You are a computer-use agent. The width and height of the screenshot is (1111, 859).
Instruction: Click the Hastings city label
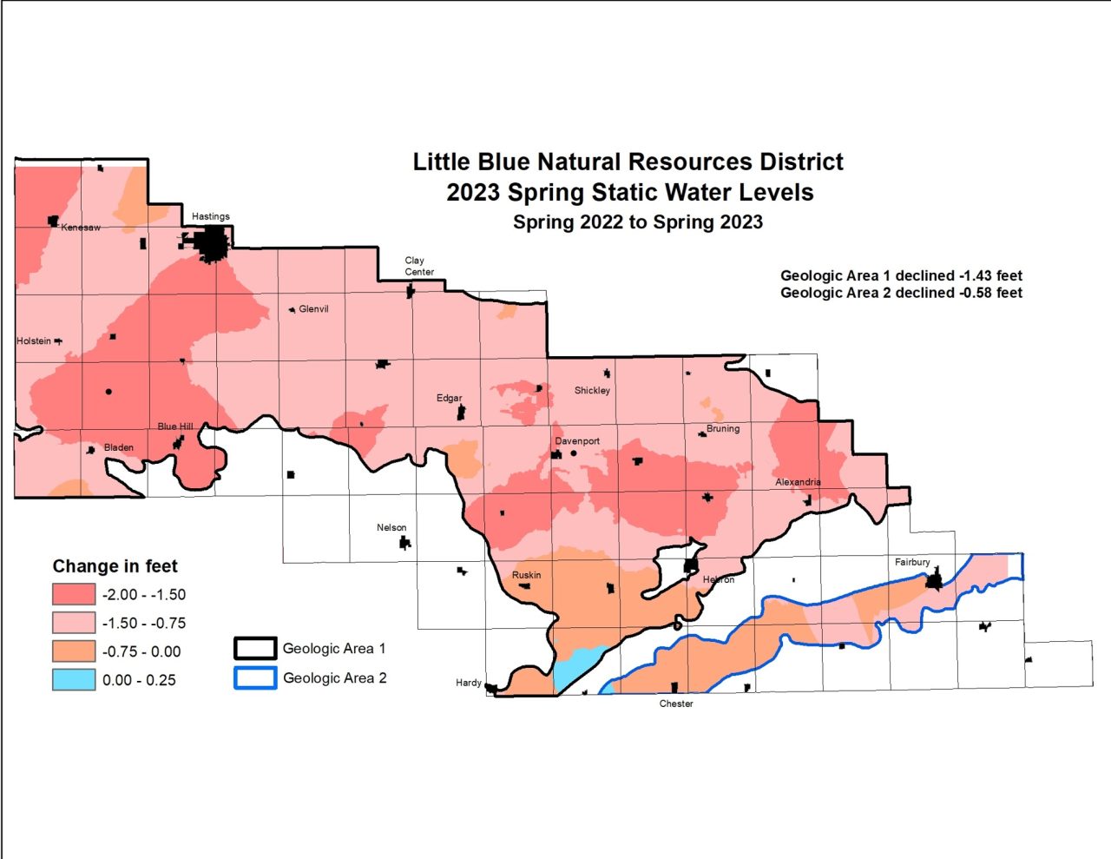211,216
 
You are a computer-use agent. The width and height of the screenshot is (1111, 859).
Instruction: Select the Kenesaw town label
81,228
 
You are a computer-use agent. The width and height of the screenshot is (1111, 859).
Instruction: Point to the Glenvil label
313,309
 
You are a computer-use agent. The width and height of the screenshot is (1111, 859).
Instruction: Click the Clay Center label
418,266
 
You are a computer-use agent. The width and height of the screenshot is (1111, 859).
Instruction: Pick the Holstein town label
34,341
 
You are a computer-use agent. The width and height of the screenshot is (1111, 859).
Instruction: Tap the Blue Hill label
174,426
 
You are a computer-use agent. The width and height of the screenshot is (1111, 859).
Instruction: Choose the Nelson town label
391,528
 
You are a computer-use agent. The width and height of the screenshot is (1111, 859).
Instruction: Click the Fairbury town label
912,563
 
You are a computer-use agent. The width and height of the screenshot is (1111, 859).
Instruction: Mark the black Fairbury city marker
933,581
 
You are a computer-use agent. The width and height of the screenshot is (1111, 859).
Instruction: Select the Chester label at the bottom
676,704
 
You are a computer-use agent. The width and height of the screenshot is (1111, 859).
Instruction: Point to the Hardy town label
469,683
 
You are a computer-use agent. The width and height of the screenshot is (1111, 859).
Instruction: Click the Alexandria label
798,482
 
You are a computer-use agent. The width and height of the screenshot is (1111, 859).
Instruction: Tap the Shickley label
592,391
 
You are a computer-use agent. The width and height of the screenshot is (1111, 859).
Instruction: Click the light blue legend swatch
74,679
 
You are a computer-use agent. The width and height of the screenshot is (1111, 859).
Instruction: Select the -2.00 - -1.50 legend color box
74,594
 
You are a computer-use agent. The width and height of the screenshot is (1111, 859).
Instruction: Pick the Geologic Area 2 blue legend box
254,677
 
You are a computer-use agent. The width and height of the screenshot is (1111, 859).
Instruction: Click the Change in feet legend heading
115,566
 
